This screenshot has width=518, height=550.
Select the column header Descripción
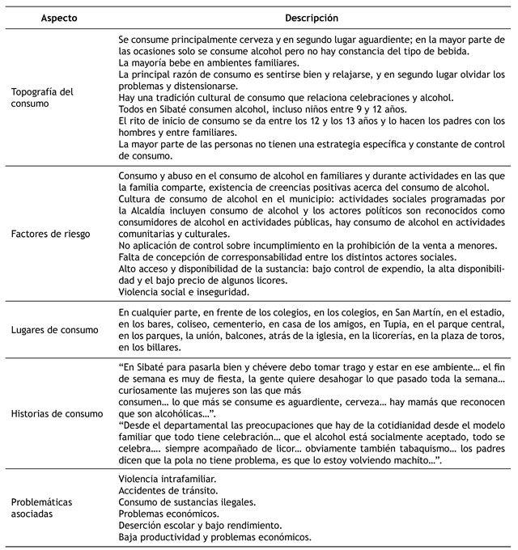tap(312, 17)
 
